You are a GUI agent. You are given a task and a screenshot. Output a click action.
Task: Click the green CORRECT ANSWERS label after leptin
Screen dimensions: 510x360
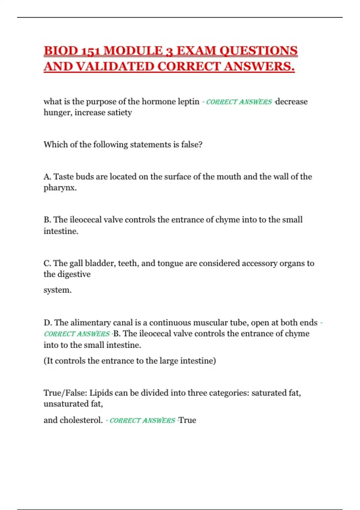[239, 102]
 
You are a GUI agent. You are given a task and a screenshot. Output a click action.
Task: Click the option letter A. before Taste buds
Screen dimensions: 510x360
[47, 177]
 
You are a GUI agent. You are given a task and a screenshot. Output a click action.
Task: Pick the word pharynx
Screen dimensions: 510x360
[60, 188]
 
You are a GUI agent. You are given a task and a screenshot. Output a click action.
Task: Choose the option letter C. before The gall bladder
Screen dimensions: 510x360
[47, 263]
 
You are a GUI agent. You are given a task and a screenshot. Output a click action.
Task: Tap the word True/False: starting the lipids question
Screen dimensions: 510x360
[65, 393]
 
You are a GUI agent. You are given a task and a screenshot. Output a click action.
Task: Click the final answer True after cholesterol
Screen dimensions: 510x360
[187, 420]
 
